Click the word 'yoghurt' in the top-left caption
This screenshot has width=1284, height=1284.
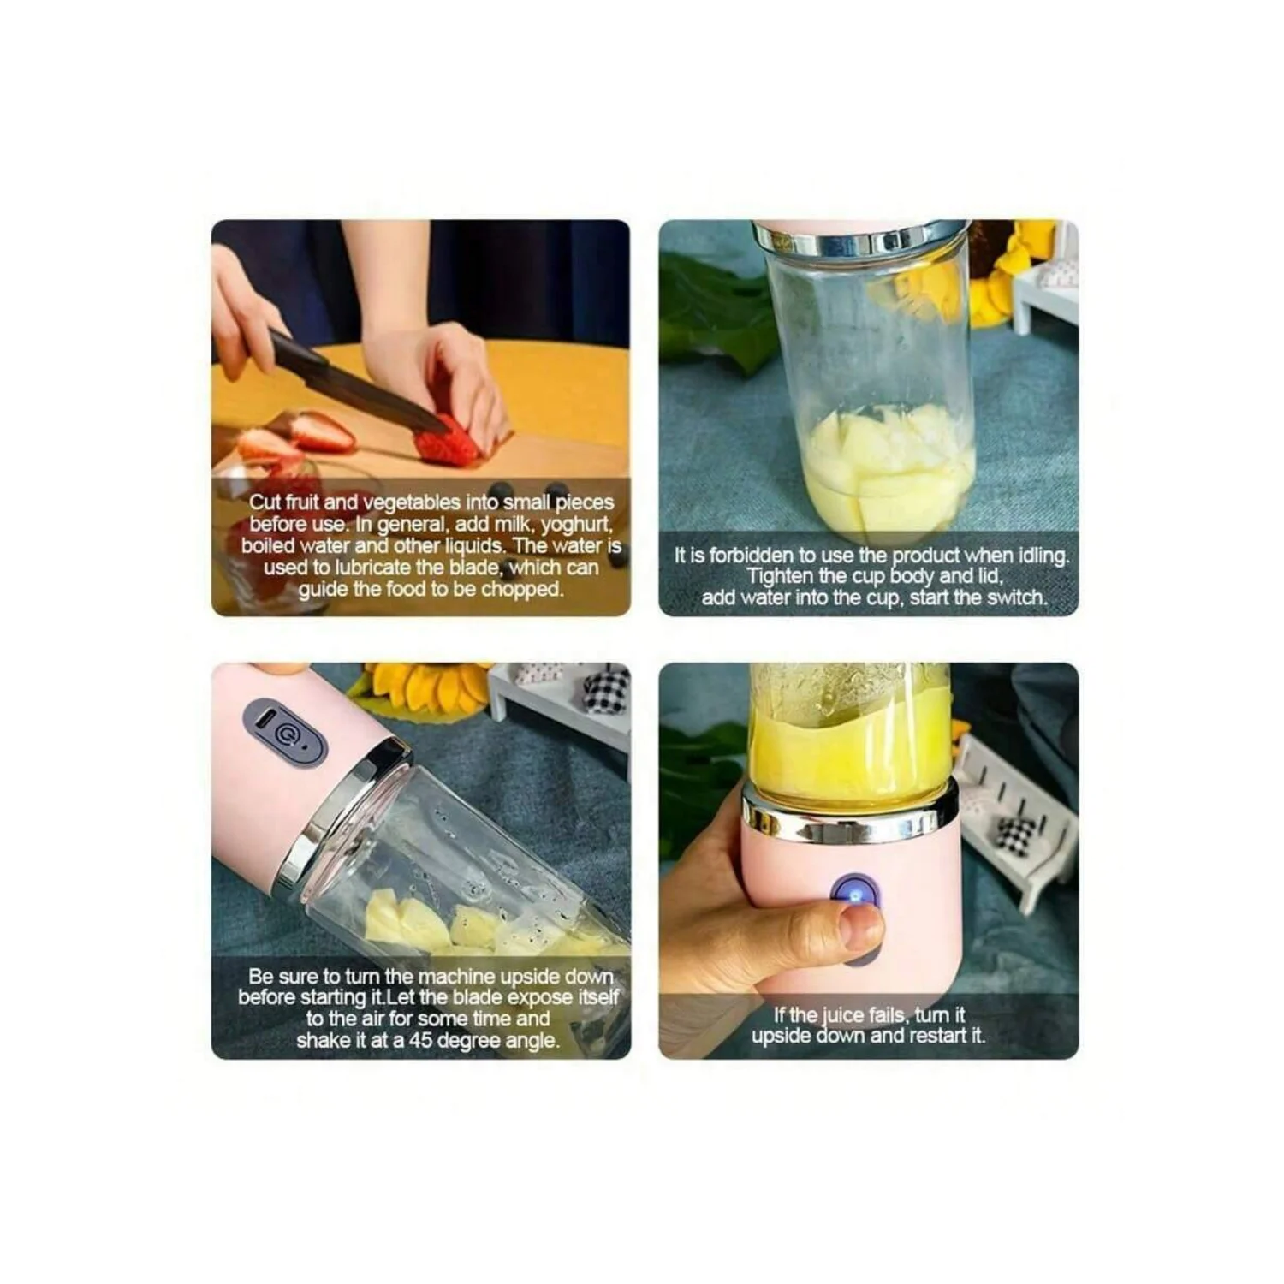576,524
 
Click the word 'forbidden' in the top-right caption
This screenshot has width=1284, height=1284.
753,556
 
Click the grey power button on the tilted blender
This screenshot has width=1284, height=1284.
285,731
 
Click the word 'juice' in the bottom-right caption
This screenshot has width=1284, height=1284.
843,1016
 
